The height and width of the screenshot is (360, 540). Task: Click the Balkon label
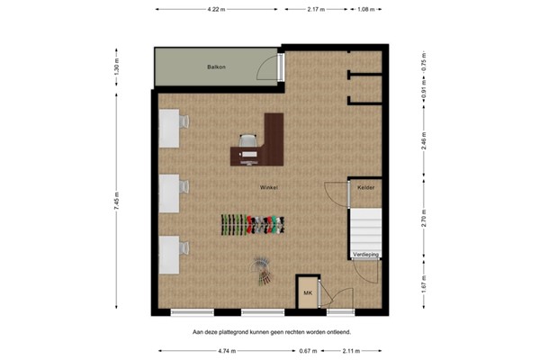click(215, 67)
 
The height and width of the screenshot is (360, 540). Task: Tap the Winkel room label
click(268, 186)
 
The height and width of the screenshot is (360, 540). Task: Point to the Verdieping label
click(365, 255)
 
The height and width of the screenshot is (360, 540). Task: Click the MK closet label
click(307, 293)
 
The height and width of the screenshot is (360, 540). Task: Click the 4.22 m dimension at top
click(216, 9)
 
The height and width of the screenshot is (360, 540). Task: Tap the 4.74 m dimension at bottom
click(233, 351)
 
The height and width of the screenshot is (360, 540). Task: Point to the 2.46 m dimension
click(424, 140)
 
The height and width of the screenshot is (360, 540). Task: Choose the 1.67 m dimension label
click(424, 284)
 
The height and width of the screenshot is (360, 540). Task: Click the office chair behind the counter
click(248, 140)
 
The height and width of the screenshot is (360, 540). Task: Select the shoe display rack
click(253, 224)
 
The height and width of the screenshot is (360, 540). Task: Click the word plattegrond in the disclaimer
click(238, 331)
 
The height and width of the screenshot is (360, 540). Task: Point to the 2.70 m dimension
click(424, 217)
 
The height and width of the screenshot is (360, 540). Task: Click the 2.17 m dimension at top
click(316, 9)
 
